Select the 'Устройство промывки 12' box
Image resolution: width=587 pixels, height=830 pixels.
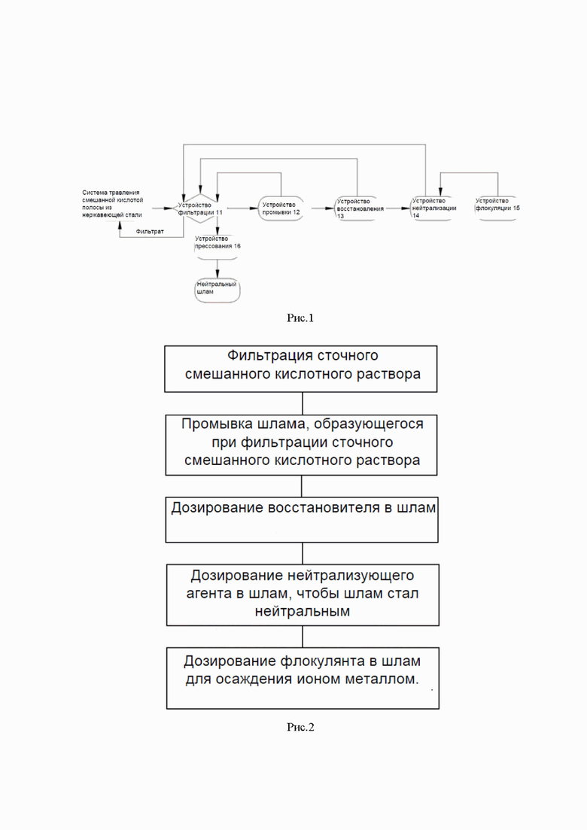click(281, 208)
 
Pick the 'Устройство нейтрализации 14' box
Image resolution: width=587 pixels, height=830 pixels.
click(433, 208)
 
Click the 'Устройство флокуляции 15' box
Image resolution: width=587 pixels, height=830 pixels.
click(497, 208)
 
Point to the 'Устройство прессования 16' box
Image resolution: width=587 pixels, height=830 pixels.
click(217, 248)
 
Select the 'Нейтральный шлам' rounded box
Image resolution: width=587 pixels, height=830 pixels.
click(217, 290)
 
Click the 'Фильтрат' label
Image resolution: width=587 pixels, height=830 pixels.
click(150, 232)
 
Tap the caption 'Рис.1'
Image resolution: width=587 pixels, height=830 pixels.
click(300, 318)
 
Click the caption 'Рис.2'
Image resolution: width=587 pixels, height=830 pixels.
click(300, 728)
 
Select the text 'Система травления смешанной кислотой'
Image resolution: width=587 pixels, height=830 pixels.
click(113, 196)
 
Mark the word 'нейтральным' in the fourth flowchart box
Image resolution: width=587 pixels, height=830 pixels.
click(303, 612)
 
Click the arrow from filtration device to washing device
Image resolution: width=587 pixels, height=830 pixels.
click(242, 208)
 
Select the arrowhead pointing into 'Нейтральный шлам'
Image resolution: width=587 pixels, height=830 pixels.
click(217, 274)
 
